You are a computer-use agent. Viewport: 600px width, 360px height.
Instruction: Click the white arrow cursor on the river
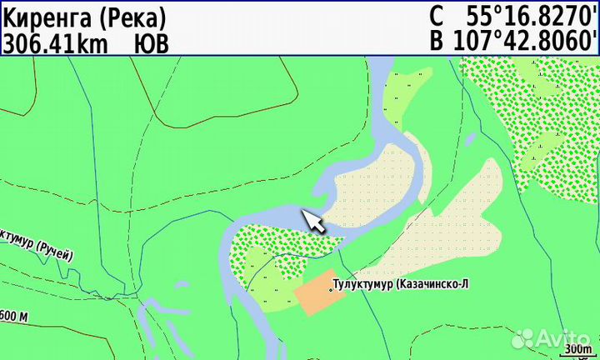tap(313, 221)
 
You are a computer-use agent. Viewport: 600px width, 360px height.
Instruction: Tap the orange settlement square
tap(315, 292)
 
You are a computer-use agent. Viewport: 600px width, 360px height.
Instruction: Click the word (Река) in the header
tap(135, 17)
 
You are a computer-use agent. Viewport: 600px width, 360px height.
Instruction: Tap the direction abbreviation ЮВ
tap(151, 42)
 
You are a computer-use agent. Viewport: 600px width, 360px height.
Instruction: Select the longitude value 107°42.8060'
tap(524, 41)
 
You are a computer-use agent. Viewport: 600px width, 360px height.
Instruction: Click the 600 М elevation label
tap(14, 317)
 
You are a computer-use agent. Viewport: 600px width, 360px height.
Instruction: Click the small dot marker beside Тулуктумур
tap(331, 288)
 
